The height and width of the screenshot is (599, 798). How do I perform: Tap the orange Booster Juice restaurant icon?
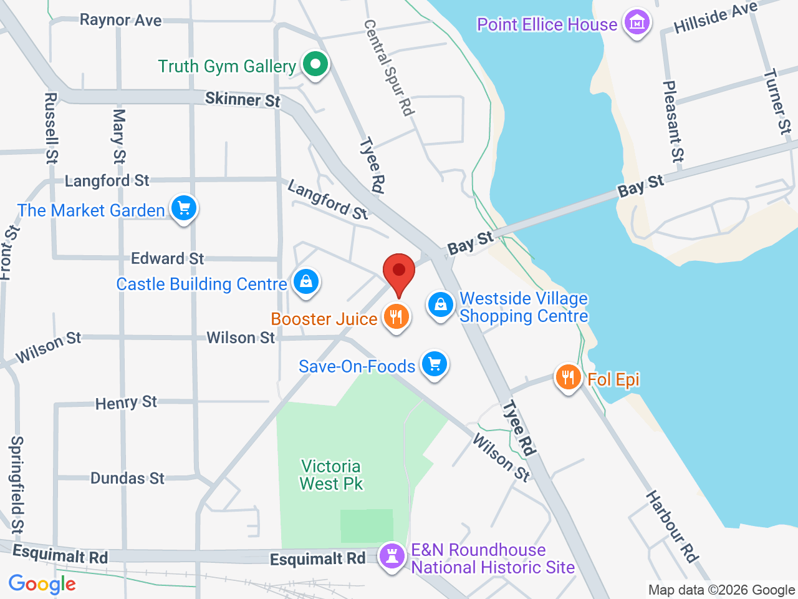click(x=396, y=317)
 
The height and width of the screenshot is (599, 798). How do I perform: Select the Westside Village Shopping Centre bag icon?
click(x=441, y=306)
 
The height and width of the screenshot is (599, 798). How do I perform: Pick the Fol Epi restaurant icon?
click(x=568, y=377)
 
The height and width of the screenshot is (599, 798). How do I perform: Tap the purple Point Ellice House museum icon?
click(x=637, y=23)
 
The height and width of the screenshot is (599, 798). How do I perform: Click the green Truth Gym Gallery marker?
click(x=315, y=64)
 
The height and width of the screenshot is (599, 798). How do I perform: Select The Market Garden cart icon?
click(x=183, y=208)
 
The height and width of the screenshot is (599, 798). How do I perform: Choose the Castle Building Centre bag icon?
click(x=305, y=282)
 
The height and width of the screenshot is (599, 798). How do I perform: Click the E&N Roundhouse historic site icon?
click(x=392, y=555)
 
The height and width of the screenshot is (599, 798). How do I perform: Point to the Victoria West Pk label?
click(x=331, y=475)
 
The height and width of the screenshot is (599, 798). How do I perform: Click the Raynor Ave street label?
click(x=120, y=20)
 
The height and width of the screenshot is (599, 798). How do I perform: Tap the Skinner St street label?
click(x=243, y=99)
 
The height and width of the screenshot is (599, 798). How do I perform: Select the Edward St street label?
click(x=167, y=258)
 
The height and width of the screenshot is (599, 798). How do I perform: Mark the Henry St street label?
click(x=126, y=402)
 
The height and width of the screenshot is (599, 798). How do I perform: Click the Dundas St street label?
click(x=127, y=478)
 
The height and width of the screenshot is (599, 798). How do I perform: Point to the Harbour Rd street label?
click(x=671, y=527)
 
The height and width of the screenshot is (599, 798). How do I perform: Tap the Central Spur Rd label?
click(x=389, y=67)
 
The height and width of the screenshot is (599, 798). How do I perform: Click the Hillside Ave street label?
click(x=715, y=17)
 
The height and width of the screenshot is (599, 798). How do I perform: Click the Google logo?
click(x=42, y=584)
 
